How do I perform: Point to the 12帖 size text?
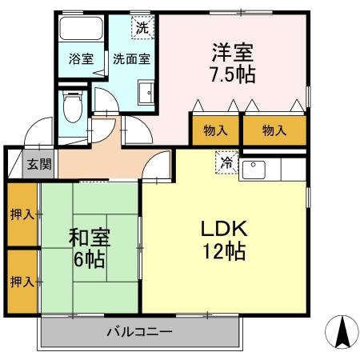[223, 250]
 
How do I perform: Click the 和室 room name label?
[88, 238]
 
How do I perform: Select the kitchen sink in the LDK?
[255, 169]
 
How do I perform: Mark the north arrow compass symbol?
[340, 330]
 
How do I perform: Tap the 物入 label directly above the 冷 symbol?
[215, 130]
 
